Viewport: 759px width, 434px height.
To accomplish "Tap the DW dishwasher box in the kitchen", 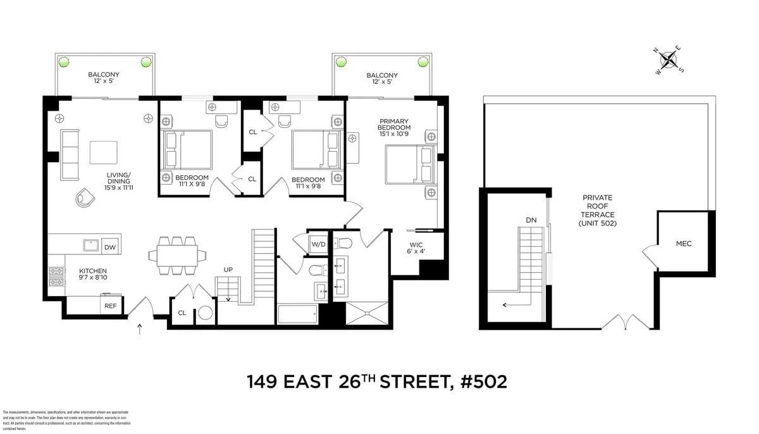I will coord(110,247).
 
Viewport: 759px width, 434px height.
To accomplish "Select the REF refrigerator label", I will coord(110,306).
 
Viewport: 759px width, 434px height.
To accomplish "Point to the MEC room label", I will coord(684,243).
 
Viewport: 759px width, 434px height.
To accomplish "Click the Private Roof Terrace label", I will coord(598,210).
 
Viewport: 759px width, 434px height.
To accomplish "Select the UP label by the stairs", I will coord(228,270).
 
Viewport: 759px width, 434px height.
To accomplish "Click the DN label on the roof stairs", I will coord(531,220).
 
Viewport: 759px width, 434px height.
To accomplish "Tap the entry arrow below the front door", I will coord(140,328).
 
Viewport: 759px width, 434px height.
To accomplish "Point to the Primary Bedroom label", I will coord(394,127).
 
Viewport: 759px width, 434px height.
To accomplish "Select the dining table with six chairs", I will coord(178,255).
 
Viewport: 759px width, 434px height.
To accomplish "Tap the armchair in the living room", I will coord(85,198).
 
